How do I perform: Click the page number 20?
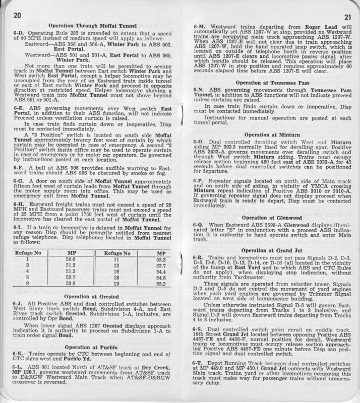click(14, 17)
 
